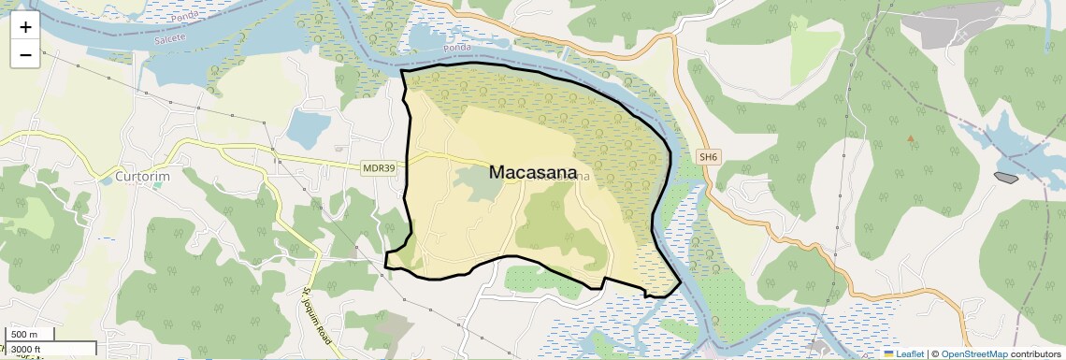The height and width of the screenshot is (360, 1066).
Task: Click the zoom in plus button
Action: pos(25,26)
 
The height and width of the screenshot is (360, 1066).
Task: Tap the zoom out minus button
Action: pos(25,54)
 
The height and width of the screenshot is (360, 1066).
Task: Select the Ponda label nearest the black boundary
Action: pos(457,47)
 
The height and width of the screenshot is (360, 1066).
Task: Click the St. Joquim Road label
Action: pos(317,319)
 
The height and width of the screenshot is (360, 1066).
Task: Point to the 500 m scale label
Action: pos(24,335)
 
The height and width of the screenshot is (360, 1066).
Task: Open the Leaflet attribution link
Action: pos(910,353)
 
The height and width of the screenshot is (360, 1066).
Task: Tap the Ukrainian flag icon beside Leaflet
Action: pos(889,353)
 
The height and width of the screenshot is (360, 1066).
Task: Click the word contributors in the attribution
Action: pos(1035,353)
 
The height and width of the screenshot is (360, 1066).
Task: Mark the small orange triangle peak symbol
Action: pos(910,138)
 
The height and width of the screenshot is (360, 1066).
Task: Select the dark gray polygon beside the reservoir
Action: pos(1006,177)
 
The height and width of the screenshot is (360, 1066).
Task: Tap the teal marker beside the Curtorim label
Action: pos(156,185)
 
